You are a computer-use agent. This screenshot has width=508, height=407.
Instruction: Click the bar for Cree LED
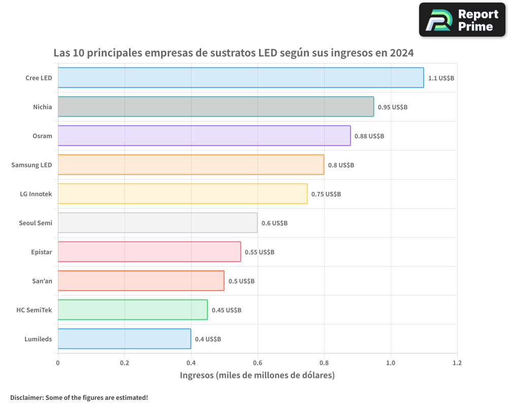241,78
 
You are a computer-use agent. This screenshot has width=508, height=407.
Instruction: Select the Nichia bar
216,107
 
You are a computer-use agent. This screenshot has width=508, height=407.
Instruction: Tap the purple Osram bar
204,136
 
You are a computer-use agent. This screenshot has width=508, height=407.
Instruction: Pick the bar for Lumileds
124,339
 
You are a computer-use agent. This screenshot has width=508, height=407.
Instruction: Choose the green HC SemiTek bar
133,310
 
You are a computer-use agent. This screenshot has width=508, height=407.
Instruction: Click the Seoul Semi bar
157,223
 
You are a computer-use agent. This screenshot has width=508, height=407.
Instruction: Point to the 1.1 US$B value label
441,78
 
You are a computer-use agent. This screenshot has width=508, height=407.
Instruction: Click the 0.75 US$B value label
326,194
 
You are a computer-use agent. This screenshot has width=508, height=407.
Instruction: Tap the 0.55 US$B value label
260,252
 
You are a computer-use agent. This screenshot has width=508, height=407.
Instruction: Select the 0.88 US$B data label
369,136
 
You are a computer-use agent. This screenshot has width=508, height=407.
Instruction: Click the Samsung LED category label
31,165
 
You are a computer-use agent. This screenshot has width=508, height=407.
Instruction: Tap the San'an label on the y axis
42,281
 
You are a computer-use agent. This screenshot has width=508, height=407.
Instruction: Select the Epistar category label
42,252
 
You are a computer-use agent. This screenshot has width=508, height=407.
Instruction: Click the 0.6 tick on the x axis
258,363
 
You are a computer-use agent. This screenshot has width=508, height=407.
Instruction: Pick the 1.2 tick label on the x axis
457,363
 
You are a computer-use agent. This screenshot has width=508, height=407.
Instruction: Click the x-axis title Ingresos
197,375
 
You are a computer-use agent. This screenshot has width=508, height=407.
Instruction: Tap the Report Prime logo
462,20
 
